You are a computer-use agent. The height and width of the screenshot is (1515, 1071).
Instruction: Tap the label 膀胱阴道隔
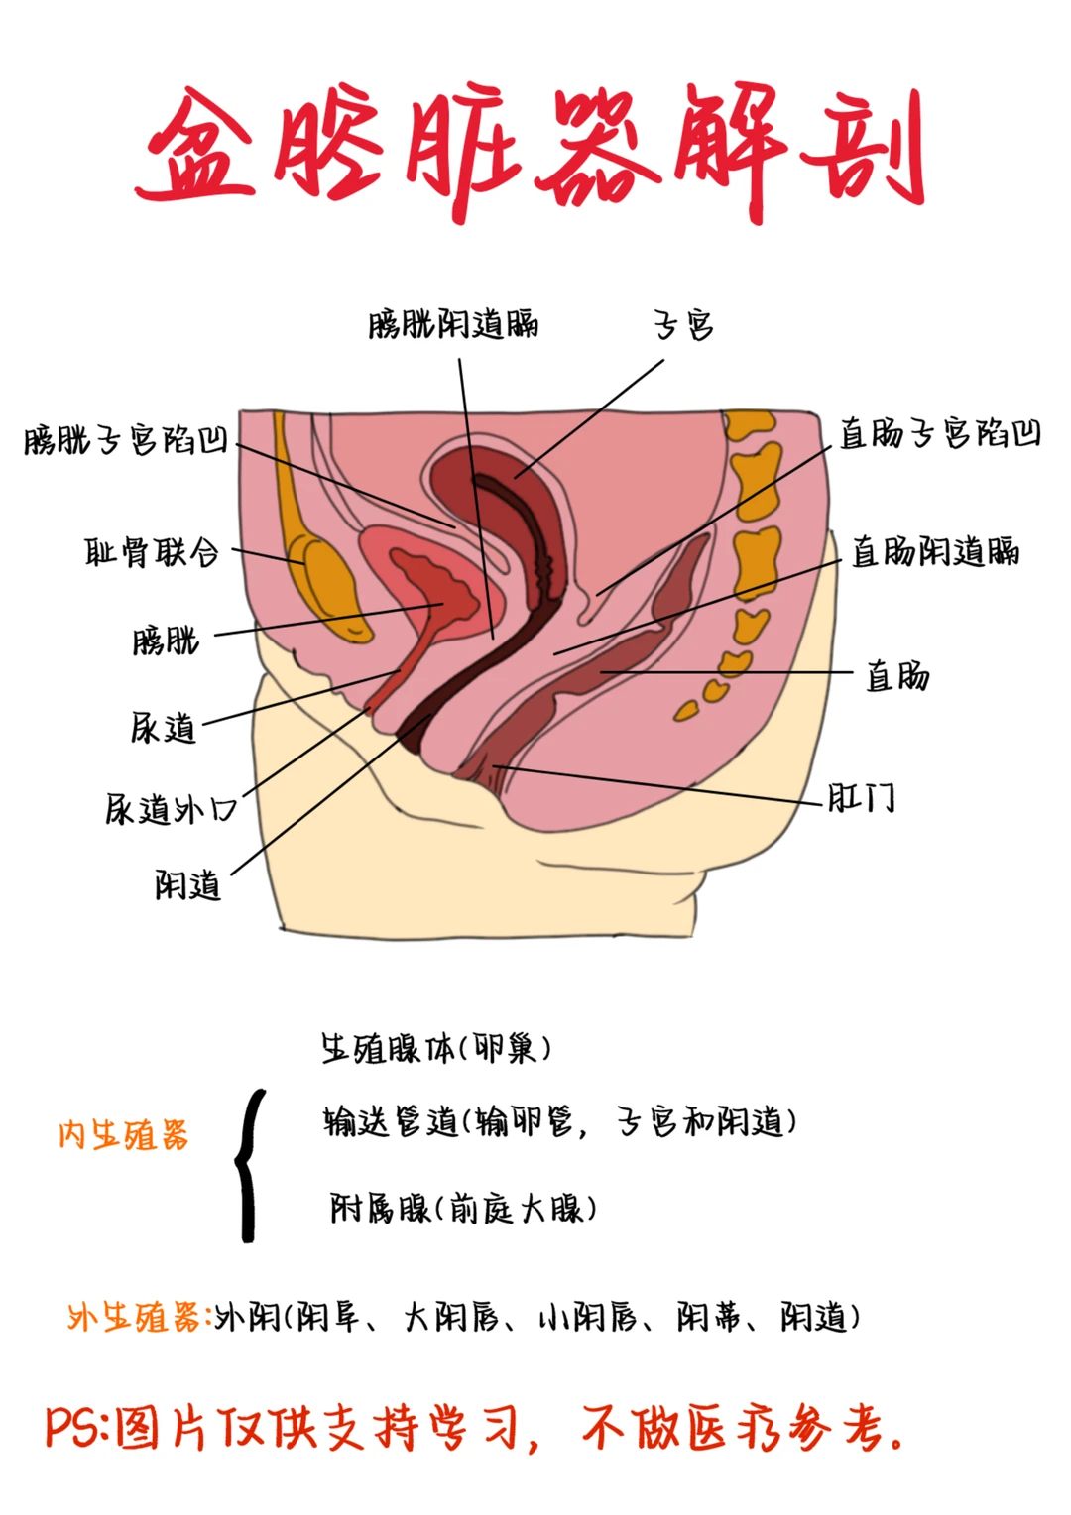pyautogui.click(x=453, y=324)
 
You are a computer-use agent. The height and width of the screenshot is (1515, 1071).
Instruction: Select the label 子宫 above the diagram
pyautogui.click(x=683, y=324)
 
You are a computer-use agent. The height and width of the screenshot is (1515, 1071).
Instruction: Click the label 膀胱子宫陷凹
pyautogui.click(x=126, y=439)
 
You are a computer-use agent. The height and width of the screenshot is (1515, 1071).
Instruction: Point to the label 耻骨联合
pyautogui.click(x=152, y=551)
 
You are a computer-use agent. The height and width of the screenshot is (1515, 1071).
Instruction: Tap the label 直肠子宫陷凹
pyautogui.click(x=940, y=433)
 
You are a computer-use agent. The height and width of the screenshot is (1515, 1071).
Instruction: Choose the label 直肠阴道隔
pyautogui.click(x=935, y=551)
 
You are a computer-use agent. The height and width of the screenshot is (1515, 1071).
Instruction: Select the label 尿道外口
pyautogui.click(x=171, y=809)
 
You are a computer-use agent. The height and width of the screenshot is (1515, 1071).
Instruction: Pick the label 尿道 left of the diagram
pyautogui.click(x=164, y=728)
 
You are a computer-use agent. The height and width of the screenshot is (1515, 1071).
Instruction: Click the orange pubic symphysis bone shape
pyautogui.click(x=325, y=585)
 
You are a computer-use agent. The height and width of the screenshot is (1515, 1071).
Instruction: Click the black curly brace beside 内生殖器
pyautogui.click(x=250, y=1165)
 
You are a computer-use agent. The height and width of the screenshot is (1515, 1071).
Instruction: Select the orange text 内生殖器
pyautogui.click(x=123, y=1135)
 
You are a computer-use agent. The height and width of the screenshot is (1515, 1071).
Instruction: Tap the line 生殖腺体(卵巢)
pyautogui.click(x=435, y=1048)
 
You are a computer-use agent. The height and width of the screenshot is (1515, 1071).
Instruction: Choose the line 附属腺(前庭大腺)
pyautogui.click(x=463, y=1208)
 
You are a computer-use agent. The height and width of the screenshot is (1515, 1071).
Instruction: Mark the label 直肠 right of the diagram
pyautogui.click(x=897, y=676)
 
